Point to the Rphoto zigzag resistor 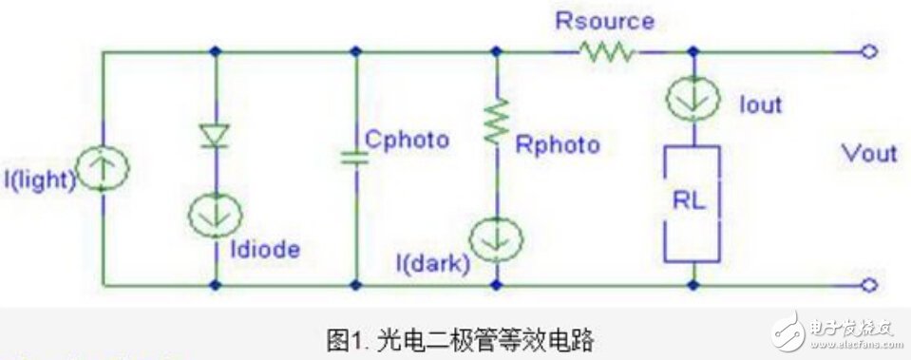coord(495,124)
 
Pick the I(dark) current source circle coord(495,237)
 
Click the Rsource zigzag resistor coord(609,52)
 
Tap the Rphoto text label coord(558,144)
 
